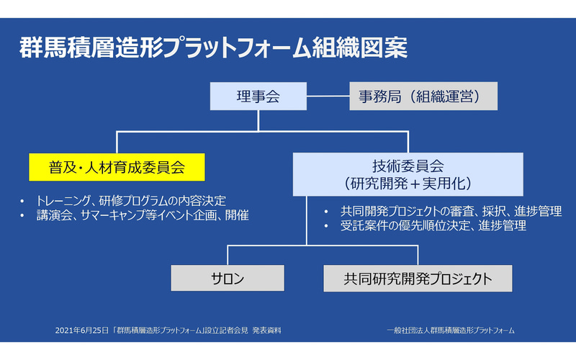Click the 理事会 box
point(257,96)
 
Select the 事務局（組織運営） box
point(423,96)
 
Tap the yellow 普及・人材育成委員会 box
point(117,167)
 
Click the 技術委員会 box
point(408,174)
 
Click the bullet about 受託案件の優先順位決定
point(424,226)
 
